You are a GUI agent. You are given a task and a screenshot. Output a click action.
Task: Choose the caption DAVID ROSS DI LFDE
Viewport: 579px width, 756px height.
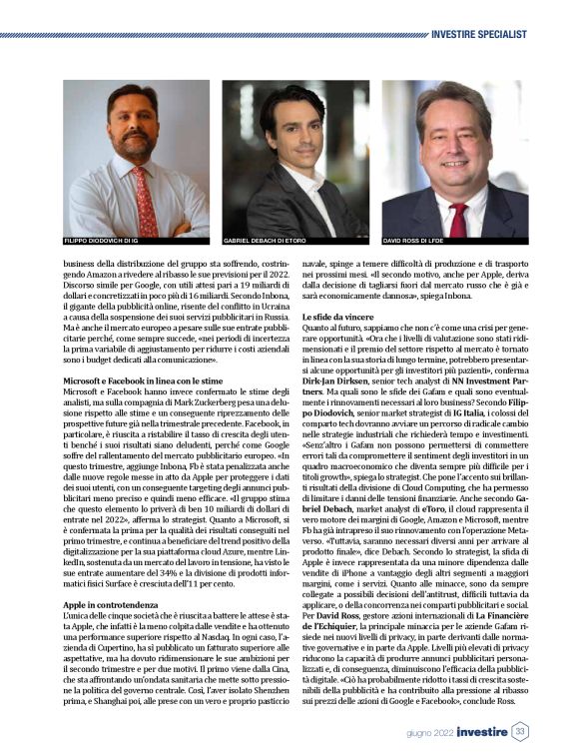pyautogui.click(x=414, y=242)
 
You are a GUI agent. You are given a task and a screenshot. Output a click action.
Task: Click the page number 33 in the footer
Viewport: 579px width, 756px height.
pyautogui.click(x=520, y=731)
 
